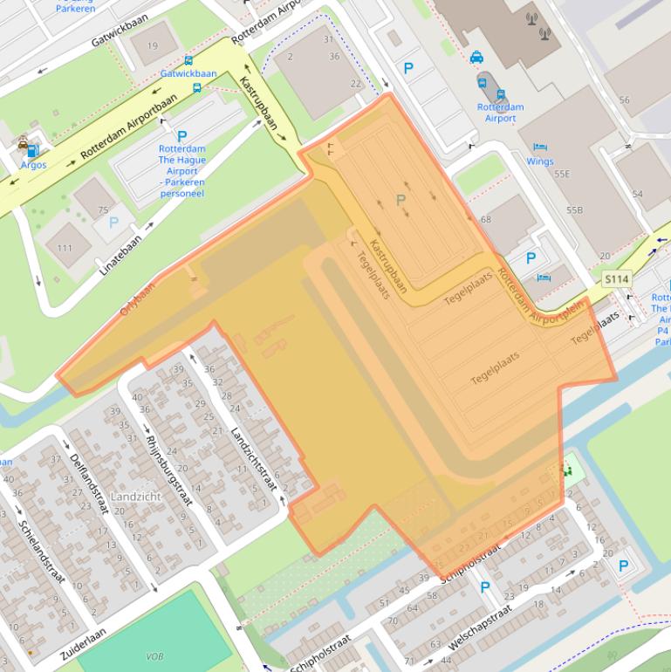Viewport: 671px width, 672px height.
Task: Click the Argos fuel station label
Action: [x=33, y=165]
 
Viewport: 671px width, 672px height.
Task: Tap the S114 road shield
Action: [x=617, y=279]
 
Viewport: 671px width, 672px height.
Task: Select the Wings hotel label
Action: [x=539, y=161]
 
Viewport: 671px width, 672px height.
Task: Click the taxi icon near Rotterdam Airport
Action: [x=476, y=58]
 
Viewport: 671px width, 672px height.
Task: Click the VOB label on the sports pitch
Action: [x=155, y=656]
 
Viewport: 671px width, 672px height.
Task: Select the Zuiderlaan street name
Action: [x=84, y=643]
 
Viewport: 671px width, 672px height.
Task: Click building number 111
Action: [x=65, y=249]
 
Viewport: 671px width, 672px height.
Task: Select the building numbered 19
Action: [x=154, y=46]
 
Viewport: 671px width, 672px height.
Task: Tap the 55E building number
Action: [x=561, y=175]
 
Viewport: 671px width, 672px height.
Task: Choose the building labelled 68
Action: [x=485, y=219]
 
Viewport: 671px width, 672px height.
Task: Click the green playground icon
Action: [x=569, y=470]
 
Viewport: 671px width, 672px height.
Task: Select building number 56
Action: [x=624, y=100]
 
